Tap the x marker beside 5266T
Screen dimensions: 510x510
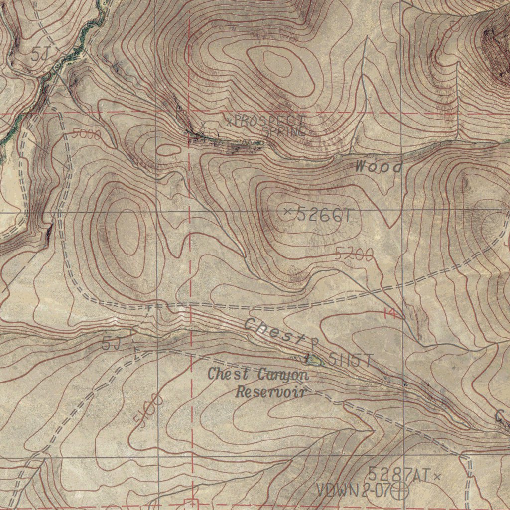point(287,212)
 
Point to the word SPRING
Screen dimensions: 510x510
point(284,131)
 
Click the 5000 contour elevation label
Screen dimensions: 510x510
point(86,134)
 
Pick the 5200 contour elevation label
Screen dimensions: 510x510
point(354,255)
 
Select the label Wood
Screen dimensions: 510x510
point(379,167)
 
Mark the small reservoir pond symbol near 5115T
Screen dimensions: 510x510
point(314,359)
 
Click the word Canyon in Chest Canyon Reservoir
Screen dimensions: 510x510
point(283,374)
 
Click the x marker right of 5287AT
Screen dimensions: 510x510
point(437,477)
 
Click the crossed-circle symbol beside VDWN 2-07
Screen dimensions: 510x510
point(399,491)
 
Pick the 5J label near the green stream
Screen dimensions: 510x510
point(41,54)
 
